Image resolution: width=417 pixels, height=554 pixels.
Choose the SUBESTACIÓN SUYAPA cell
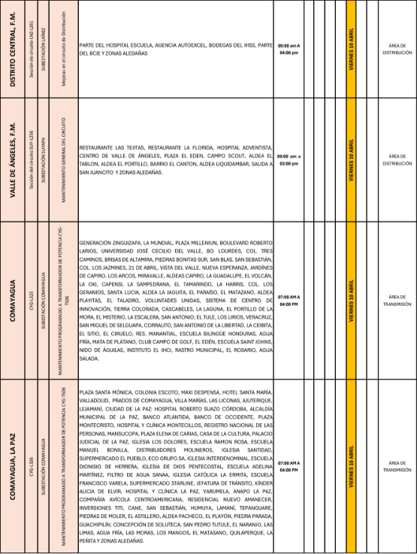[46, 159]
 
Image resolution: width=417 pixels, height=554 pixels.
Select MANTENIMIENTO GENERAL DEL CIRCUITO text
[63, 159]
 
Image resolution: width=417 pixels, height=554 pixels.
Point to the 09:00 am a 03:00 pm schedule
[289, 159]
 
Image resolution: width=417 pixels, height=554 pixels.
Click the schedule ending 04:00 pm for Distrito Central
[289, 50]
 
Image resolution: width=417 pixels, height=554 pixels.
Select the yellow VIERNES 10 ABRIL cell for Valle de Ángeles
[351, 159]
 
